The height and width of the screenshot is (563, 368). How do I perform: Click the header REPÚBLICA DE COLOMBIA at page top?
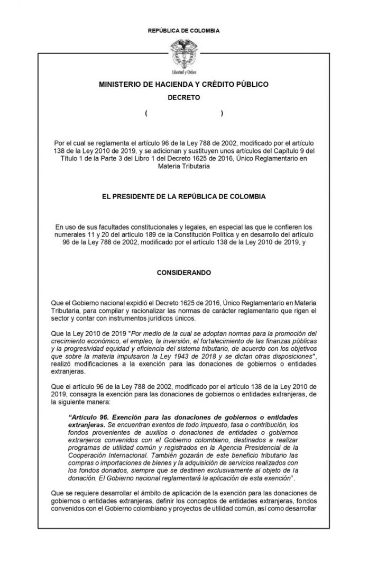(184, 31)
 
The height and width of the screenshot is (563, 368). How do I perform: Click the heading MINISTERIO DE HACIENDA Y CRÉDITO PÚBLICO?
(184, 84)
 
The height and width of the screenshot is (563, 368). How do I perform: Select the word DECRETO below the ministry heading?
(183, 98)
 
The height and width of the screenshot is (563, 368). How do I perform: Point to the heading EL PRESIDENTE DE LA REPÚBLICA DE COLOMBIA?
(184, 196)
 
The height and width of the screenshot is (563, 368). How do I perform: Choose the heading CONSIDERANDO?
(184, 273)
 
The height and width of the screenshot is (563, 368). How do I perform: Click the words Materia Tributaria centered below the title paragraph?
(184, 166)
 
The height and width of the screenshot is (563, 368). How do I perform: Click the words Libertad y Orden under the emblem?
(183, 71)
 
